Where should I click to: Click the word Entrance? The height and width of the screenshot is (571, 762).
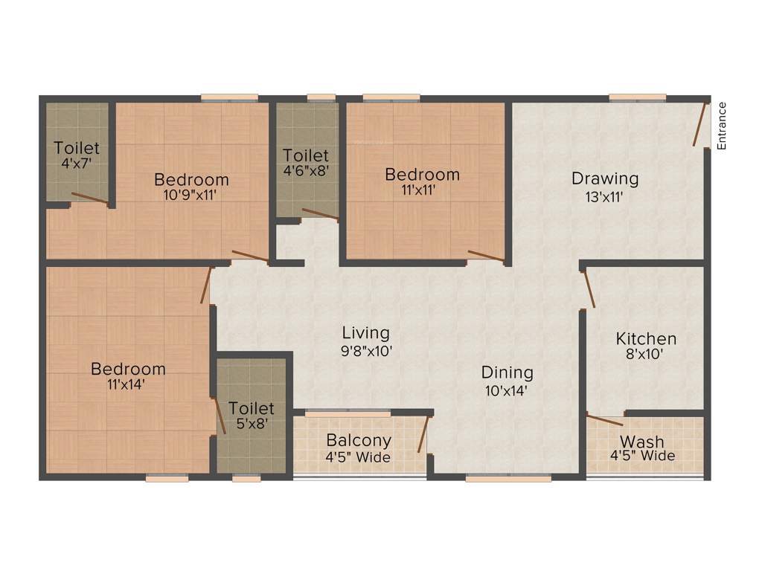click(x=721, y=125)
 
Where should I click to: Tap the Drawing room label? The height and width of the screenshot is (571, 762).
click(x=605, y=178)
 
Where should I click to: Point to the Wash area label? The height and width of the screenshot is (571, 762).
click(x=642, y=442)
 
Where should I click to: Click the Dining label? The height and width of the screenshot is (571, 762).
click(x=507, y=372)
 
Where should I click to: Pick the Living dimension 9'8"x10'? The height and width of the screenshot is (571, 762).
click(x=365, y=351)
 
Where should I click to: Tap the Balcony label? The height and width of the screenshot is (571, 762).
click(x=359, y=440)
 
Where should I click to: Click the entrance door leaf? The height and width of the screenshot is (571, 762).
click(x=700, y=124)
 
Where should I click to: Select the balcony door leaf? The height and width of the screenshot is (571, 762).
click(x=423, y=434)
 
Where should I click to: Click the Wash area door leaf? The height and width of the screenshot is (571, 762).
click(x=604, y=421)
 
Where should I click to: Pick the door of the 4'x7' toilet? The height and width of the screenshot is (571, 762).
click(x=89, y=198)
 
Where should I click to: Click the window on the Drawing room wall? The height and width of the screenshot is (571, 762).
click(x=637, y=97)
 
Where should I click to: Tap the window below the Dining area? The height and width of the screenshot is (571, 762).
click(x=508, y=479)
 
